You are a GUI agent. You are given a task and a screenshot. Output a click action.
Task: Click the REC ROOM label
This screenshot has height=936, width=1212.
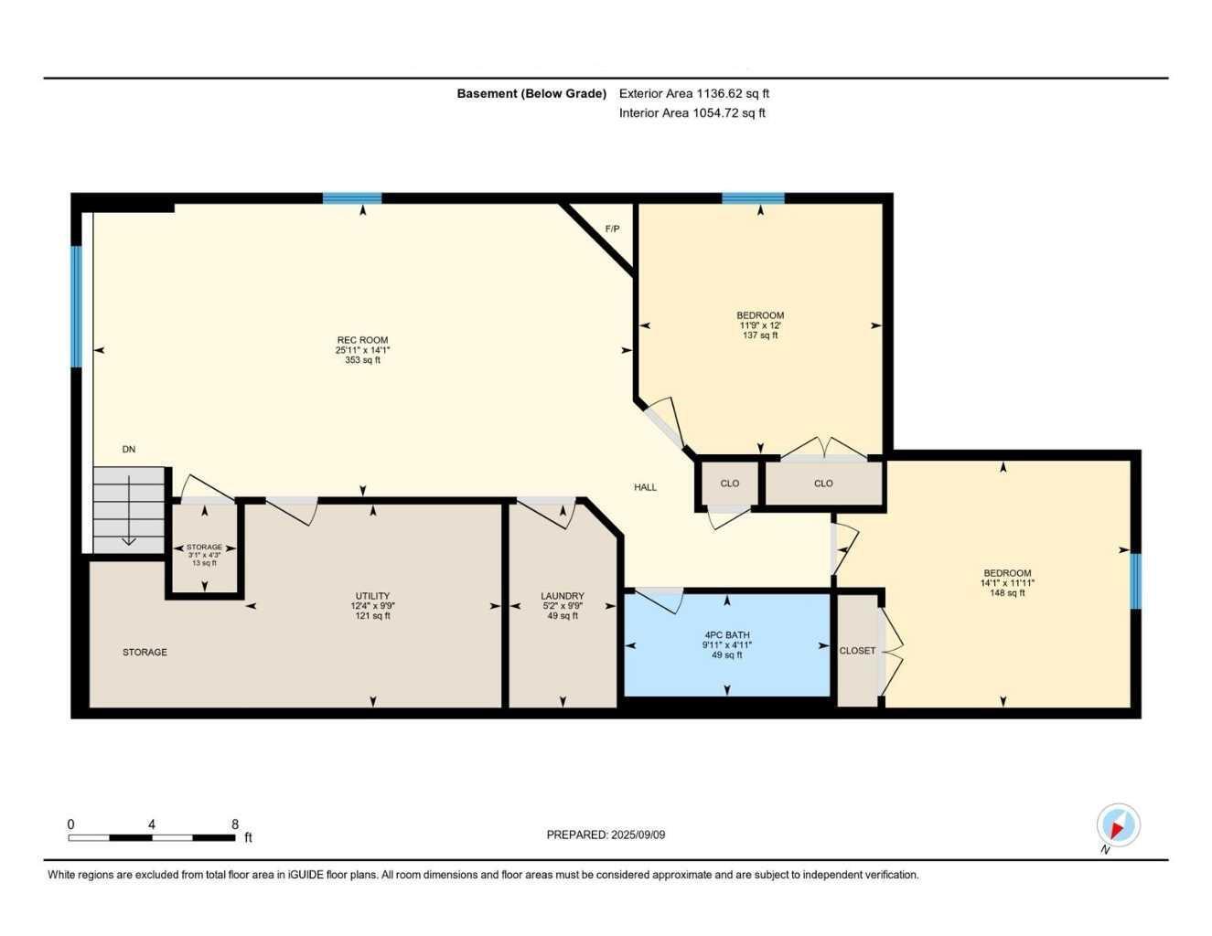pos(362,340)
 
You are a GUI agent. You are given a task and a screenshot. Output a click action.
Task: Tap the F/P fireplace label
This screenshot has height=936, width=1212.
pos(612,229)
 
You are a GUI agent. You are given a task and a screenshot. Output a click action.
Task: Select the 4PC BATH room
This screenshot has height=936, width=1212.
pos(727,644)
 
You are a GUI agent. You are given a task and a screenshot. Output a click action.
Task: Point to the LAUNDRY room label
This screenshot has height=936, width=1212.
pos(562,596)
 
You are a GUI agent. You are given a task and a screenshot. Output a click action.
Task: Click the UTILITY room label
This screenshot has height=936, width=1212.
pos(372,596)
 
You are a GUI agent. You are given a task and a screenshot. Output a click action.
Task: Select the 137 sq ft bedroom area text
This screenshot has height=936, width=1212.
pos(760,335)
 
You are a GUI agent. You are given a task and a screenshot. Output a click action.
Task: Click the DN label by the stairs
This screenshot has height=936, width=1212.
pos(129,450)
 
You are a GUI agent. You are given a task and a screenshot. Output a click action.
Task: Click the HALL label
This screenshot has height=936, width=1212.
pos(646,487)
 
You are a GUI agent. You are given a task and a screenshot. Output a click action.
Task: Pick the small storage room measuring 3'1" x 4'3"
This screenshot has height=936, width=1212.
pos(204,555)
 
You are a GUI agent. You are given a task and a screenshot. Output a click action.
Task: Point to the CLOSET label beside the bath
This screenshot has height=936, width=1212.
pos(857,651)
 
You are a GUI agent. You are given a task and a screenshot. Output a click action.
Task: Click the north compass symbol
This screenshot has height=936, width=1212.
pos(1117,826)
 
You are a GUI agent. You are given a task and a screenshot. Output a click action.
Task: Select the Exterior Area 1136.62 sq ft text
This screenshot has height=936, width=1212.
pos(694,93)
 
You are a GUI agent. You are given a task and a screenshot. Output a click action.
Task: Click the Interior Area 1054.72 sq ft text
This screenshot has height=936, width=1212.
pos(692,113)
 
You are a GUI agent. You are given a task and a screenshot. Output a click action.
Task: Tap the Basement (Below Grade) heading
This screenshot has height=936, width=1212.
pos(531,93)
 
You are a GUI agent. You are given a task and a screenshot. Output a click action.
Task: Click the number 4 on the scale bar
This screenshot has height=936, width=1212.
pos(152,824)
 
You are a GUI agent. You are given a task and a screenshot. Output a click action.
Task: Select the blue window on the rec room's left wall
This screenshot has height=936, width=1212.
pos(77,306)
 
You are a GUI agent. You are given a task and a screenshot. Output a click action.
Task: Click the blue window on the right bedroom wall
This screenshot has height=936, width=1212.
pos(1135,580)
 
